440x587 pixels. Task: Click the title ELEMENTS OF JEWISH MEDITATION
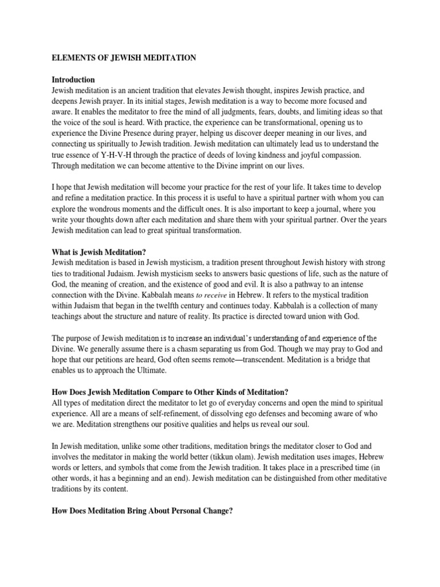pos(124,57)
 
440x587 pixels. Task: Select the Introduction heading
pos(73,80)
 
